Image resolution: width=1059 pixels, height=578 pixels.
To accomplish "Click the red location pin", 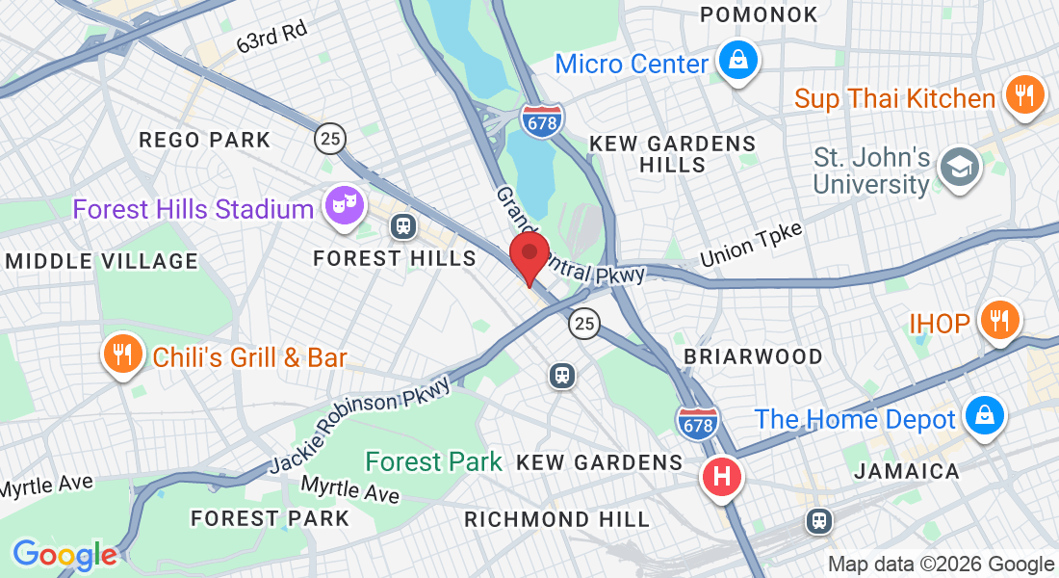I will click(529, 255).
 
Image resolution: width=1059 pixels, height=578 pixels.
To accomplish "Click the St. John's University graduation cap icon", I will click(959, 169).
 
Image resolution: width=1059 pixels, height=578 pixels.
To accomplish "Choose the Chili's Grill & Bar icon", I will click(122, 356).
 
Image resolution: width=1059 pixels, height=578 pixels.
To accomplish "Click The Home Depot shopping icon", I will click(984, 416).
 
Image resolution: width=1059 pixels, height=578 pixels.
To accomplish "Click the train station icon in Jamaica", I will click(819, 521).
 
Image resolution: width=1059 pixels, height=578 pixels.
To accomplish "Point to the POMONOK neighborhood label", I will click(760, 14).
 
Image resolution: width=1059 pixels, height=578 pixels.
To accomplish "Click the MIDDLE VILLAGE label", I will click(101, 261).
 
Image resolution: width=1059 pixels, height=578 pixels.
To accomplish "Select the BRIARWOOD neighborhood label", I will click(753, 356).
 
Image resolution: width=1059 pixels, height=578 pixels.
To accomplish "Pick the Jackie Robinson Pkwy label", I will click(361, 423).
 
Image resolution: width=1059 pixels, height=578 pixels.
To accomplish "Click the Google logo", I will click(65, 555).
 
